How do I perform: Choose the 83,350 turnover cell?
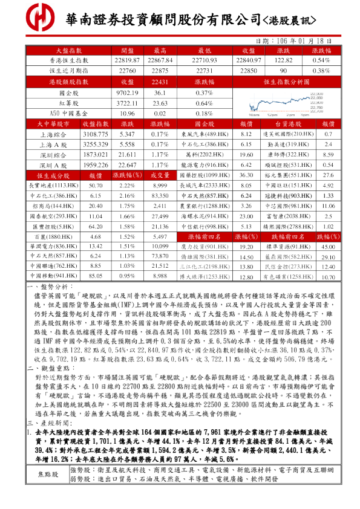(160, 196)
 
